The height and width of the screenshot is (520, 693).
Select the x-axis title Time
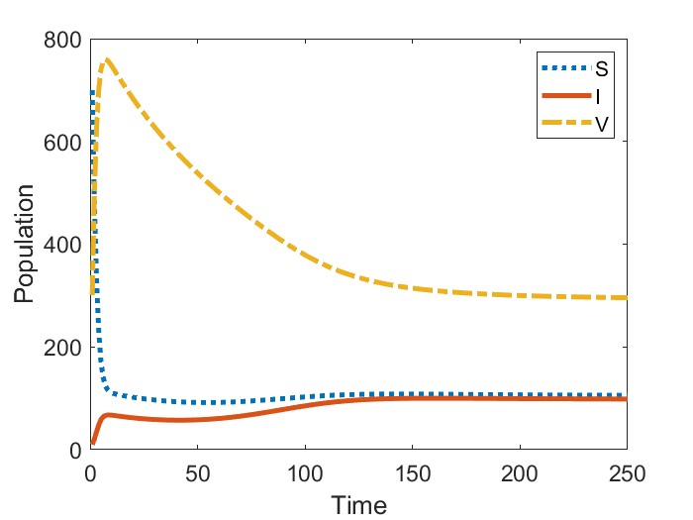(x=358, y=504)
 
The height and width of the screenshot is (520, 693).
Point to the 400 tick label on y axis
(x=61, y=245)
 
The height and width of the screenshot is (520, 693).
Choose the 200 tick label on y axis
(x=61, y=348)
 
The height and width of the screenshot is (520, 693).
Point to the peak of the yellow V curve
(x=106, y=59)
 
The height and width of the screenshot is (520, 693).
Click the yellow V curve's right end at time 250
(x=627, y=297)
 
